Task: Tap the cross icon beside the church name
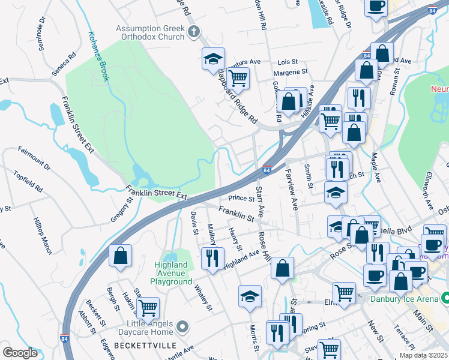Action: point(193,32)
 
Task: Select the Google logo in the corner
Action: point(20,352)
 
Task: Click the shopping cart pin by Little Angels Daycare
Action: point(148,308)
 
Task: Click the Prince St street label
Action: point(242,198)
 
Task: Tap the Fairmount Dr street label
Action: point(34,157)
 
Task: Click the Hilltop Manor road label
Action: point(43,234)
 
